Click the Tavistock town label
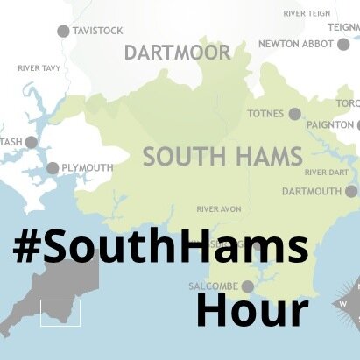(98, 31)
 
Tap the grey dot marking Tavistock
(63, 31)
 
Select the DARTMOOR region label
(177, 53)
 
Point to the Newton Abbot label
(297, 45)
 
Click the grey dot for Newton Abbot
(343, 45)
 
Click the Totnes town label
(266, 114)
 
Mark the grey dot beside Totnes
(295, 114)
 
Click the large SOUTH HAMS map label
(222, 157)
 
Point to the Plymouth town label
(88, 168)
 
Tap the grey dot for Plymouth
(53, 168)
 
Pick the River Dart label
(327, 172)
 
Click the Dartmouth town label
(312, 191)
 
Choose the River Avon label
(219, 208)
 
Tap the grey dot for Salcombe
(248, 286)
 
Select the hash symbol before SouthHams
(30, 248)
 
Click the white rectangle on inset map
(60, 313)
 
